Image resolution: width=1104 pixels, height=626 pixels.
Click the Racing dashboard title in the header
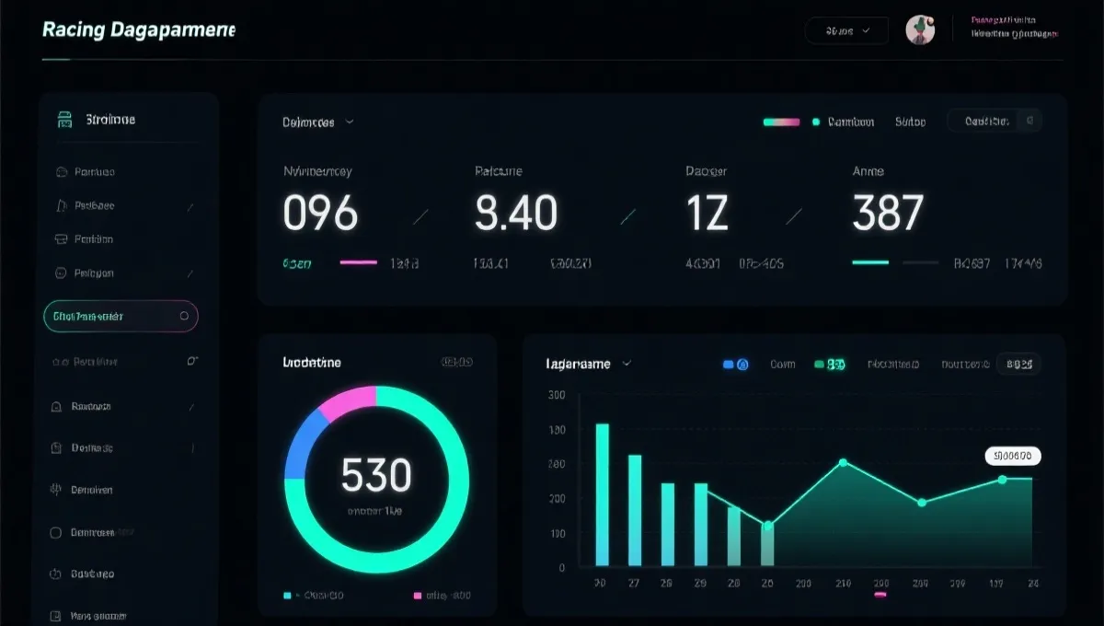coord(139,29)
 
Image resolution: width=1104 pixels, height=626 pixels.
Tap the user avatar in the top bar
coord(920,29)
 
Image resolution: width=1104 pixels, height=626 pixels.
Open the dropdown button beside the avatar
coord(846,30)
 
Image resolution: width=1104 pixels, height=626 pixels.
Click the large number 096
coord(320,214)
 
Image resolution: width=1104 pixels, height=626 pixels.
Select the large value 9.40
coord(516,214)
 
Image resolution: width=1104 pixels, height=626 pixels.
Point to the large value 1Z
coord(707,214)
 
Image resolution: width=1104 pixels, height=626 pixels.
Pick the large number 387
coord(888,214)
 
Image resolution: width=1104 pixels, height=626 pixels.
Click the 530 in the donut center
coord(375,475)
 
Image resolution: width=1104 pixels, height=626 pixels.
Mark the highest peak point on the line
coord(843,462)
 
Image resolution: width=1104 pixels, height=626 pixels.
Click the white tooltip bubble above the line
coord(1013,455)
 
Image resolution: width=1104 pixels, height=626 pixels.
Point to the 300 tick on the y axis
coord(557,396)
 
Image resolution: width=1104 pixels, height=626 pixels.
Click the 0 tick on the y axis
coord(561,568)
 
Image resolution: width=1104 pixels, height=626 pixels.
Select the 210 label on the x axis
coord(843,584)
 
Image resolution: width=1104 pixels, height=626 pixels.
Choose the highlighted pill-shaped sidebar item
coord(121,316)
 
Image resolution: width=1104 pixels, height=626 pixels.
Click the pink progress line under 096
coord(358,262)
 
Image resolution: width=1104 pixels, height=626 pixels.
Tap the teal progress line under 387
coord(870,262)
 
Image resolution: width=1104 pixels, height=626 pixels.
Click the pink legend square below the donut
coord(418,596)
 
